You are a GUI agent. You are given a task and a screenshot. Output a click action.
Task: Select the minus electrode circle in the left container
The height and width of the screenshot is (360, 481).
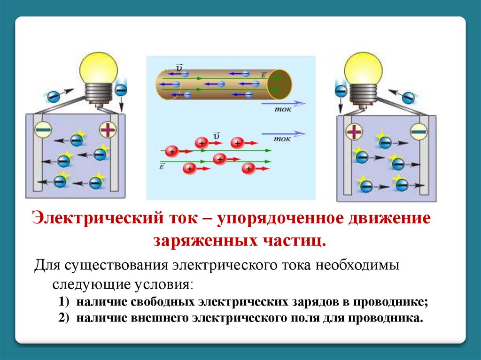pos(43,129)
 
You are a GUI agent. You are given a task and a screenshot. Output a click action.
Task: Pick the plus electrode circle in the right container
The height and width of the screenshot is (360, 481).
pos(354,132)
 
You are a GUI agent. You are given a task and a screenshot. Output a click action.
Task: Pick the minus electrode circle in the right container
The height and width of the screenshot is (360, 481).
pos(419,132)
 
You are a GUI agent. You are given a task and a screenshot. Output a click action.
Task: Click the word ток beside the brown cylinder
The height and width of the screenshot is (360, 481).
pos(282,109)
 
